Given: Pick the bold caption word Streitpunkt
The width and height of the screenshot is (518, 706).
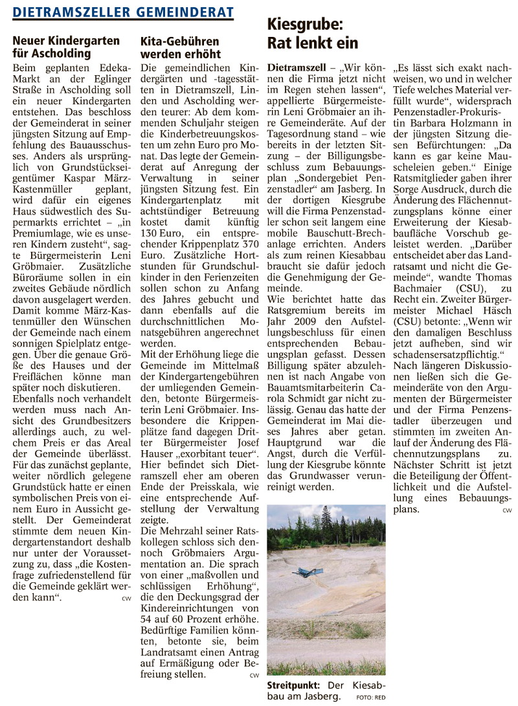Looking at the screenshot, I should pos(292,685).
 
